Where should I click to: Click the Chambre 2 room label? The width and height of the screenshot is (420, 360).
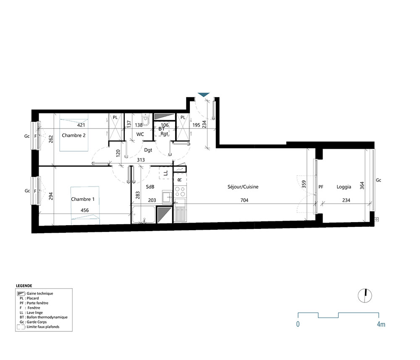(x=74, y=135)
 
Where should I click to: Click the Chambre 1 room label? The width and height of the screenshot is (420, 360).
(x=83, y=199)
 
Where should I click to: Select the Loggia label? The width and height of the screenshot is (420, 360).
(x=344, y=187)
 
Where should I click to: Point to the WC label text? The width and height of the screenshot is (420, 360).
(x=140, y=134)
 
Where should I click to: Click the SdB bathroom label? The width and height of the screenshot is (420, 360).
(x=150, y=187)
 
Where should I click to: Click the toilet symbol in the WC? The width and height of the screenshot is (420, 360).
(x=146, y=121)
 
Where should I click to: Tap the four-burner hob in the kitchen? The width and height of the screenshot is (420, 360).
(x=180, y=192)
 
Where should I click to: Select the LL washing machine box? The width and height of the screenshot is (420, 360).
(x=165, y=173)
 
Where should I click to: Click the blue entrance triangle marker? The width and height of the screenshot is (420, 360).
(x=204, y=95)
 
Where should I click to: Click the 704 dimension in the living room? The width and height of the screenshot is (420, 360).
(x=244, y=201)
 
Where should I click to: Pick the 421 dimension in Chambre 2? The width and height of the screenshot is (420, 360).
(x=81, y=125)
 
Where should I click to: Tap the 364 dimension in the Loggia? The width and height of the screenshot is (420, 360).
(x=362, y=185)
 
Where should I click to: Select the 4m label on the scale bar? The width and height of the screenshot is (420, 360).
(x=381, y=324)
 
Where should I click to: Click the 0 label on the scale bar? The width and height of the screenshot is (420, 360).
(x=298, y=324)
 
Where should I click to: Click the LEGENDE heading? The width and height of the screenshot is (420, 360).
(x=24, y=285)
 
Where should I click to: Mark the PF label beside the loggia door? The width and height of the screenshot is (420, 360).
(x=321, y=187)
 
